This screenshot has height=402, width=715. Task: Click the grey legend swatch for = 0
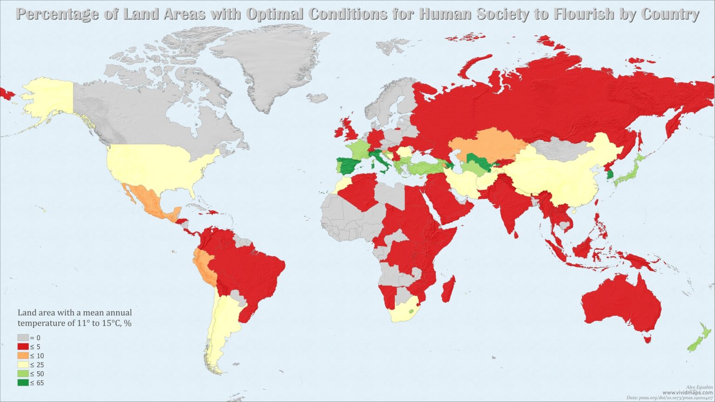[x=23, y=338]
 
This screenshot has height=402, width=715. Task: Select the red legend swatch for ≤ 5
[x=23, y=347]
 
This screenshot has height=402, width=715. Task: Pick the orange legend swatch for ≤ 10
[x=23, y=356]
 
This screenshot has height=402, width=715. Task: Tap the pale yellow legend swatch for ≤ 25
[x=23, y=365]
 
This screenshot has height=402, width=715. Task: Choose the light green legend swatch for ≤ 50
[x=23, y=374]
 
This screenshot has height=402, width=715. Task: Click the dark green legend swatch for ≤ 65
[x=23, y=383]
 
